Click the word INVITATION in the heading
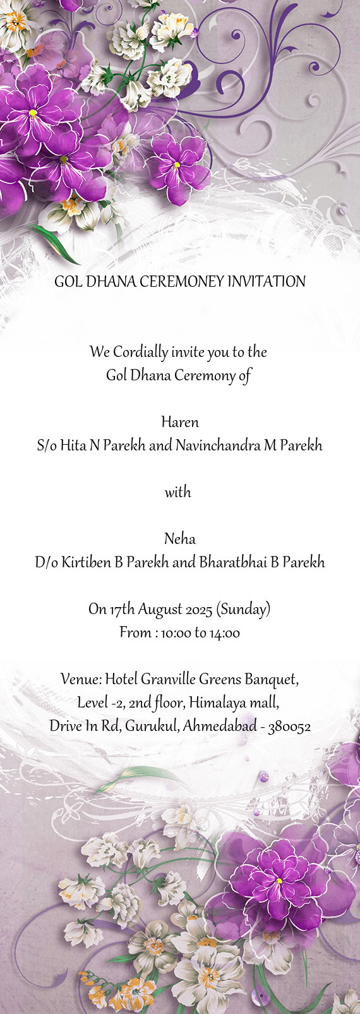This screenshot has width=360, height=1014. tap(266, 282)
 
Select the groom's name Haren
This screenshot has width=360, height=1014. tap(180, 422)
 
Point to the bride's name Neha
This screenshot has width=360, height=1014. tap(180, 539)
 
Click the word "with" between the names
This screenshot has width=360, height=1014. tap(178, 492)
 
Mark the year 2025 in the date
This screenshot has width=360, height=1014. tap(200, 610)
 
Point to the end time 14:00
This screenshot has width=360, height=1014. tap(225, 633)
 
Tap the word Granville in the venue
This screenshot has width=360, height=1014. tap(168, 680)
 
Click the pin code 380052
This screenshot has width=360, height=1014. tap(289, 727)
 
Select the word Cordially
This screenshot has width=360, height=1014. tap(141, 352)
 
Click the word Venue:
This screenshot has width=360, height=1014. tap(81, 680)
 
